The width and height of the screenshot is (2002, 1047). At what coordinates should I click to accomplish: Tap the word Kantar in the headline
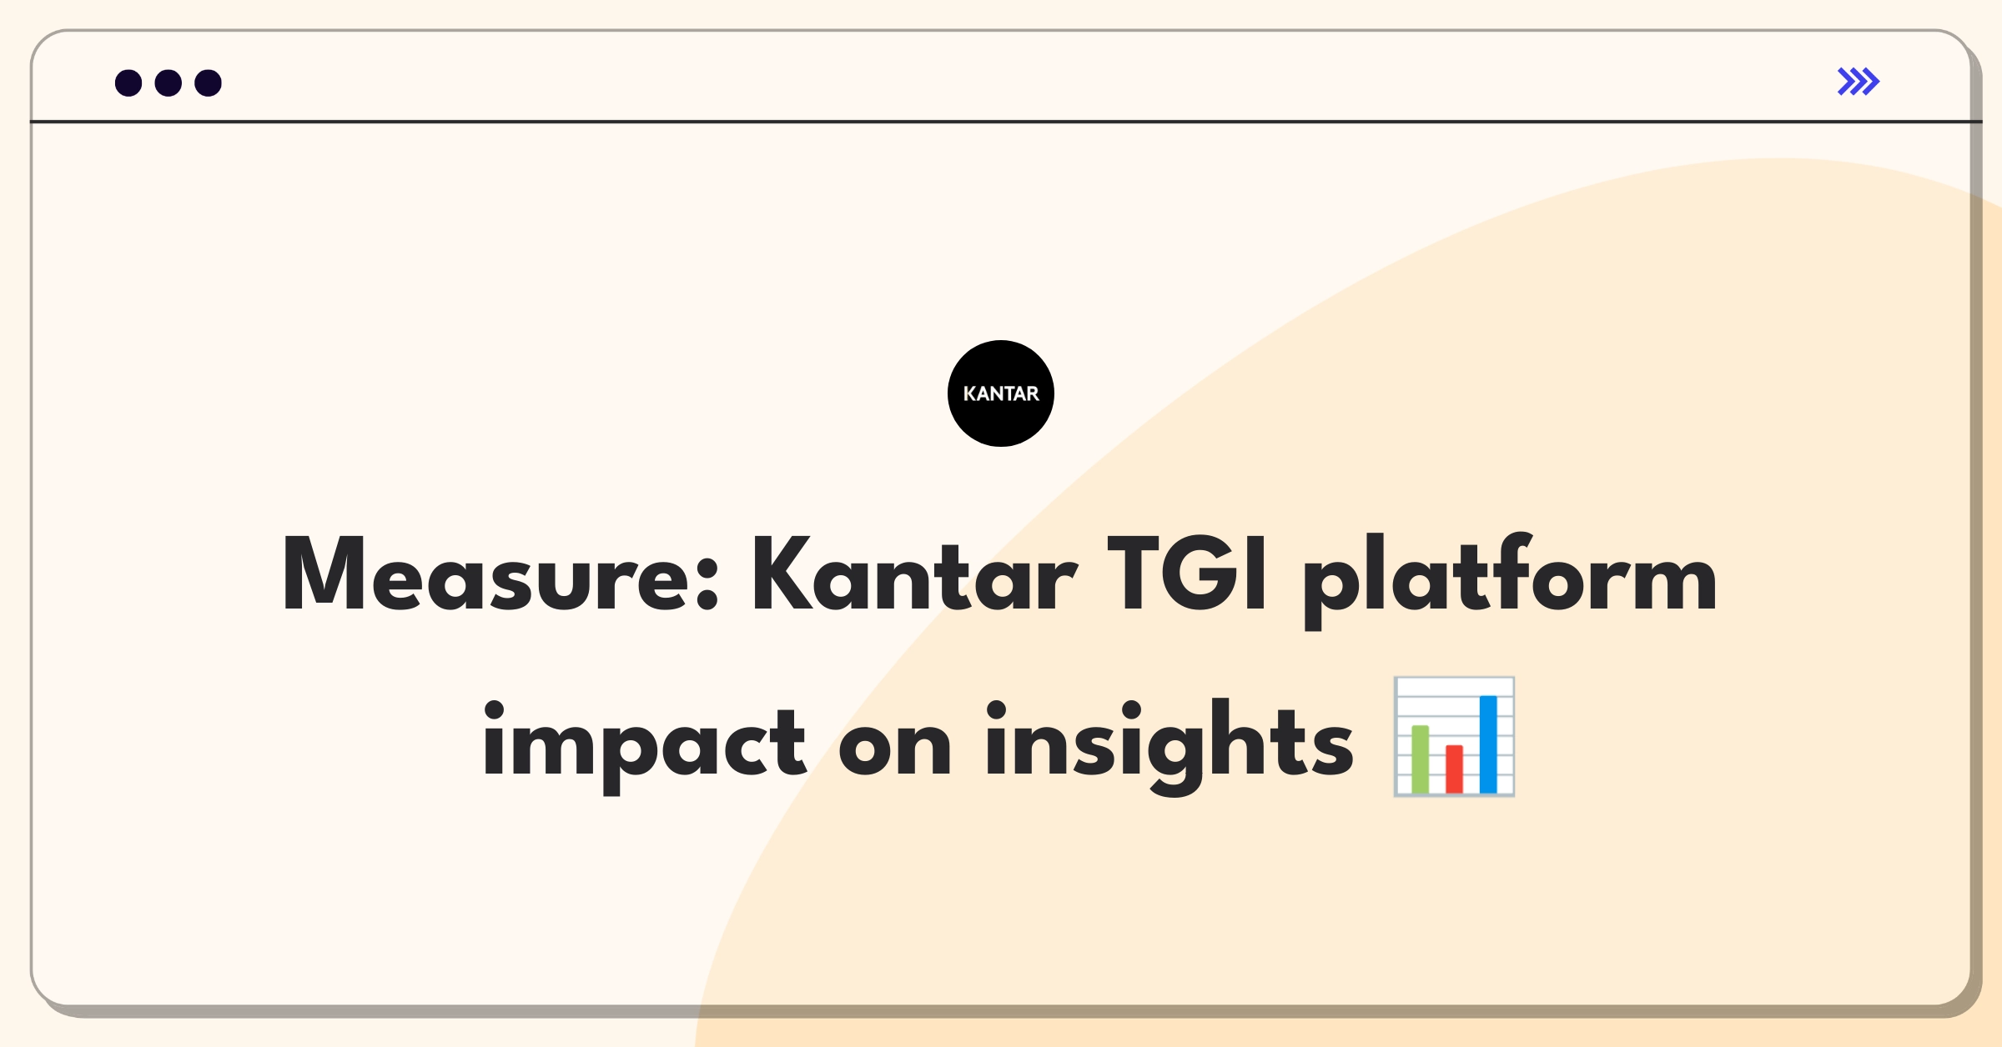click(915, 574)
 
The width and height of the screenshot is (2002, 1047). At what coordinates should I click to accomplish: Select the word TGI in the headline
click(1188, 574)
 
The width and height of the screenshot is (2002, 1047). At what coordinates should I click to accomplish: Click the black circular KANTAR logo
click(1001, 393)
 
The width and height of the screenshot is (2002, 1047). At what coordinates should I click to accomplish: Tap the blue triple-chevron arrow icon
click(1859, 82)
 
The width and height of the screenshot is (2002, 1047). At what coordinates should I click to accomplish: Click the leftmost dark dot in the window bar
click(128, 83)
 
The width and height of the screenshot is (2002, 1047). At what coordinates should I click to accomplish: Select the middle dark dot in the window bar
click(169, 83)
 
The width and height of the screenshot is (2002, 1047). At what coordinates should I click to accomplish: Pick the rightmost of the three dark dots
click(209, 83)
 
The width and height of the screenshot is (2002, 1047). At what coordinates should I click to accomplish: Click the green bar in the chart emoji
click(1420, 759)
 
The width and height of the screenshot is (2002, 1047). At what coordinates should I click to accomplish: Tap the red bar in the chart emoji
click(1454, 769)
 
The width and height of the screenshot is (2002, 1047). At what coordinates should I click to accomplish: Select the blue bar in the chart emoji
click(1488, 744)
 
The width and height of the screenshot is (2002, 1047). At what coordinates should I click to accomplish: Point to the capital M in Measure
click(324, 574)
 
